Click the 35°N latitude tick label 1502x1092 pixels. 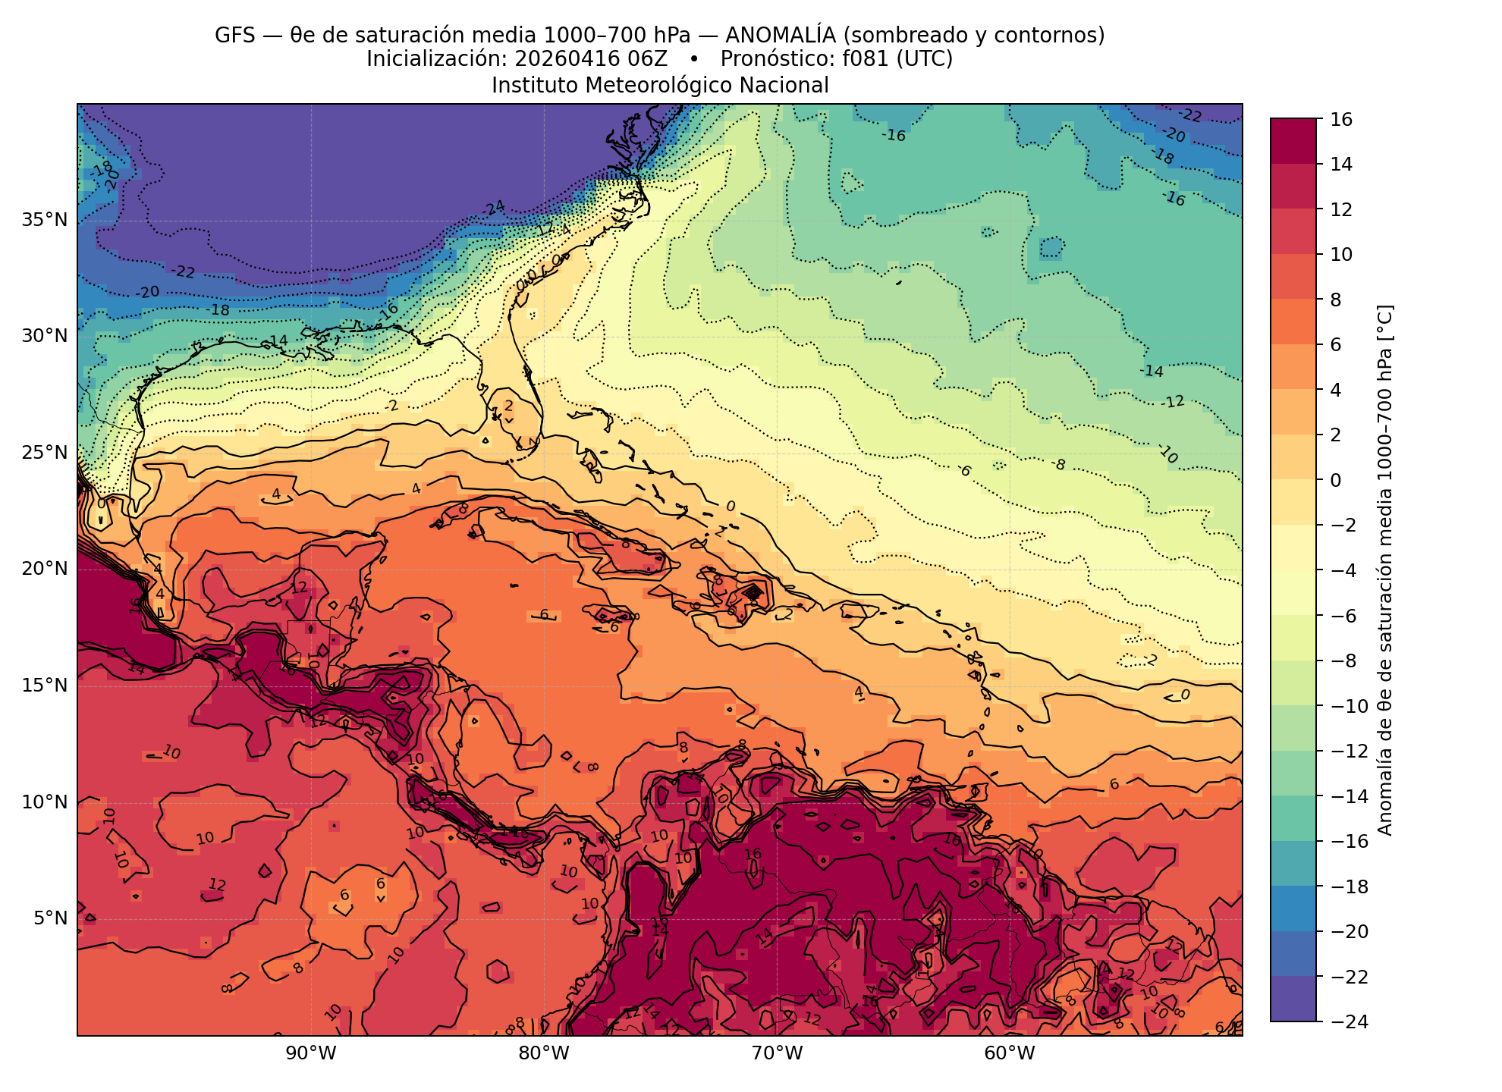pyautogui.click(x=44, y=220)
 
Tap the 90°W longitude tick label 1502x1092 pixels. pyautogui.click(x=310, y=1053)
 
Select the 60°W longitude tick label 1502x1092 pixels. pyautogui.click(x=1009, y=1053)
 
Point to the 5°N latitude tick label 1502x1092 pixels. pyautogui.click(x=50, y=918)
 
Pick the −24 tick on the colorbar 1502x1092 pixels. pyautogui.click(x=1347, y=1021)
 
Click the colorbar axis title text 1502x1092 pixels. pyautogui.click(x=1385, y=570)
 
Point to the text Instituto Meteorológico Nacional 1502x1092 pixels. pyautogui.click(x=660, y=85)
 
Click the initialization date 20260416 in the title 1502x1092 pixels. pyautogui.click(x=555, y=59)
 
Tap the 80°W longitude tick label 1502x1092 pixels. pyautogui.click(x=543, y=1053)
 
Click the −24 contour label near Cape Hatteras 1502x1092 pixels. pyautogui.click(x=494, y=208)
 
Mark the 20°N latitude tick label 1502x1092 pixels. pyautogui.click(x=44, y=569)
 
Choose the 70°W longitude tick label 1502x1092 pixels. pyautogui.click(x=776, y=1053)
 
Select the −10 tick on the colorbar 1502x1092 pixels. pyautogui.click(x=1347, y=706)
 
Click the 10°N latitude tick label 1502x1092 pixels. pyautogui.click(x=44, y=802)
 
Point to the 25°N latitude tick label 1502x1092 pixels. pyautogui.click(x=44, y=453)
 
